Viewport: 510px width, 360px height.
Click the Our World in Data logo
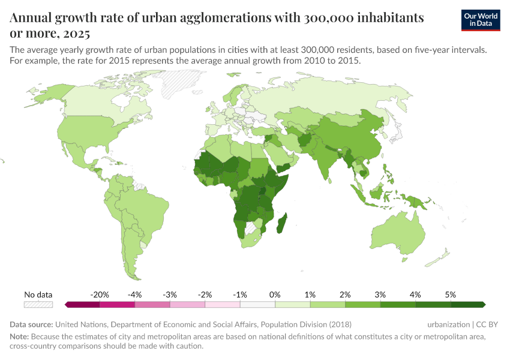(x=481, y=20)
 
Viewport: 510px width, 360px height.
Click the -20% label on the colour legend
(x=99, y=295)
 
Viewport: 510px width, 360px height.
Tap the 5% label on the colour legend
(x=450, y=295)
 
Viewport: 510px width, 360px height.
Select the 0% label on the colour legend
(x=275, y=295)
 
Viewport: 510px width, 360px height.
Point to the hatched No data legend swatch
(x=38, y=305)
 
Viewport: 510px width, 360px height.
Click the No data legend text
(x=38, y=295)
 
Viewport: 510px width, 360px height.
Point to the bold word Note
(x=20, y=337)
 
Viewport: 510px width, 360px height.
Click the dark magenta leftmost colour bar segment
(x=82, y=305)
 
